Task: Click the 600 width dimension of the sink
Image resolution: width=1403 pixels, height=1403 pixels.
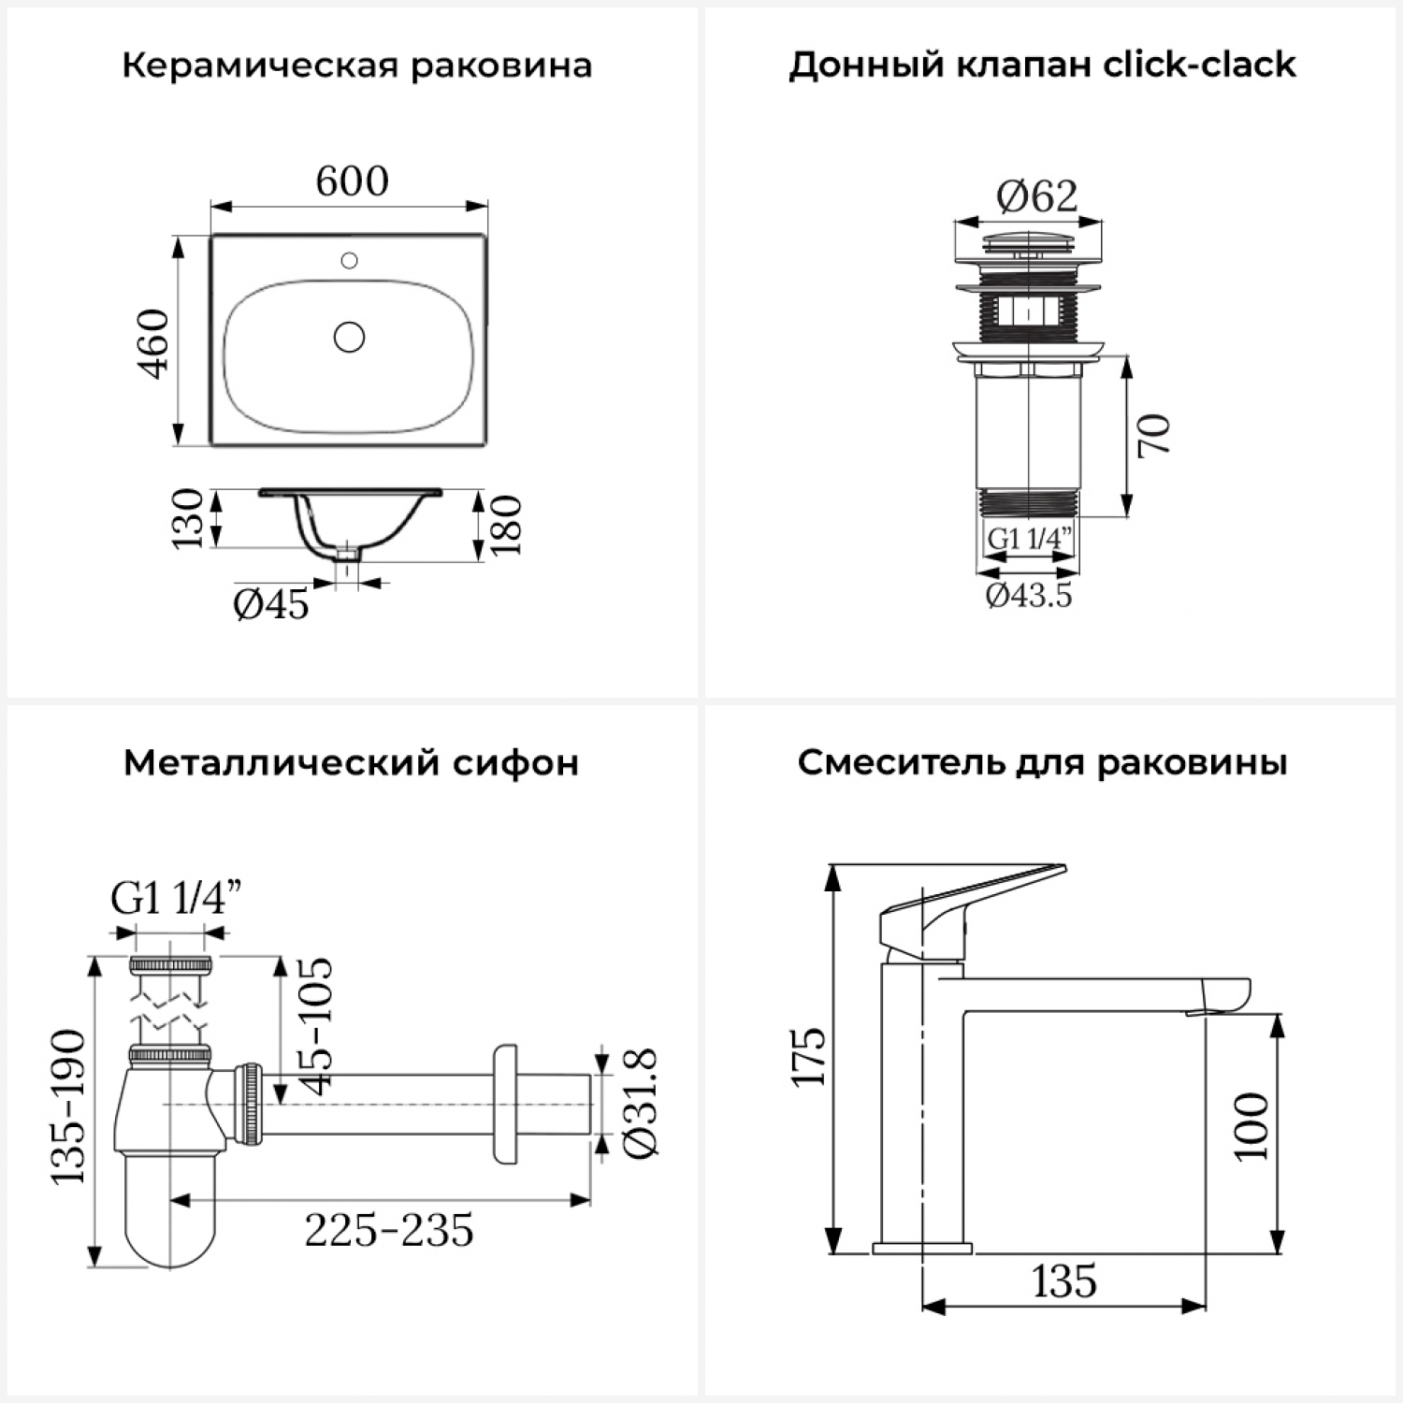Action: pos(352,181)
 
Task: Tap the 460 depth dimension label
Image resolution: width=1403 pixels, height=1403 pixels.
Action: pos(153,342)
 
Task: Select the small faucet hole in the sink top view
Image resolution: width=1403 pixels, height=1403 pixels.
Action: pos(350,260)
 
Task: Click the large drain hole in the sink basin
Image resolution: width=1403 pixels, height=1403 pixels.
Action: pos(350,337)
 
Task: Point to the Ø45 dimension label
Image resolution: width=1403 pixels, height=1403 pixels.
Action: pos(271,605)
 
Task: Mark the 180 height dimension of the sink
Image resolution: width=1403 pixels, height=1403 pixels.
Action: pos(506,525)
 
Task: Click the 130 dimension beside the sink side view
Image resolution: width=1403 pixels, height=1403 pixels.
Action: pos(188,518)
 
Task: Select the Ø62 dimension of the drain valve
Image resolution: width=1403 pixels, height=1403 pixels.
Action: pos(1036,195)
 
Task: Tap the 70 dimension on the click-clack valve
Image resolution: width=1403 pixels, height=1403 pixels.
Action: pos(1154,434)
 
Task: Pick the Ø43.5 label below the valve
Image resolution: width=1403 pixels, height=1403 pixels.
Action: pos(1029,595)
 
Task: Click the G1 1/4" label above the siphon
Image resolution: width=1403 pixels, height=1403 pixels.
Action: pos(177,899)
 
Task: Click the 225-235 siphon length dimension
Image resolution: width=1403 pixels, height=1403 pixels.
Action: pos(389,1230)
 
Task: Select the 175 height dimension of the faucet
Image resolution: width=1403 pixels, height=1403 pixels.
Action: pos(809,1056)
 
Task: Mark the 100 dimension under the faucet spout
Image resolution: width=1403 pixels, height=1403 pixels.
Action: pos(1251,1126)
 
